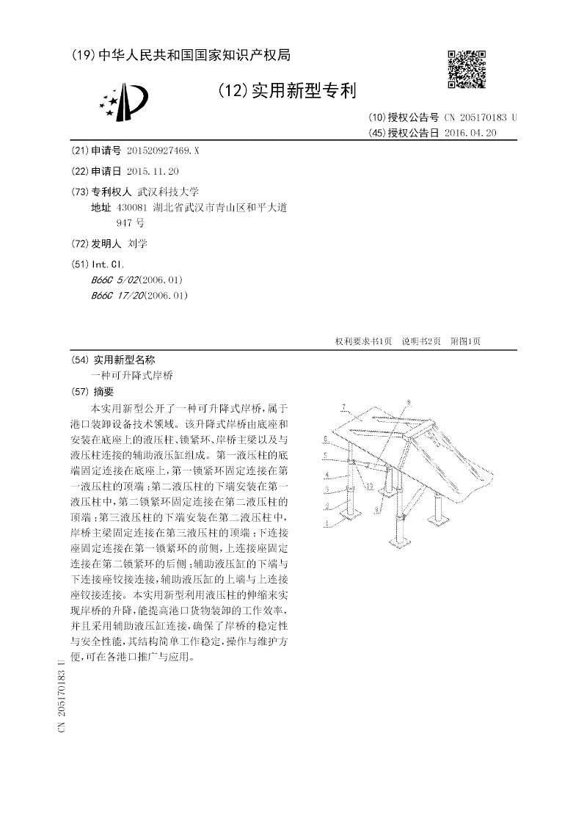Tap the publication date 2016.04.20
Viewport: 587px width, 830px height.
(470, 133)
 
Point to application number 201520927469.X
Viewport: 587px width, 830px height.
(163, 150)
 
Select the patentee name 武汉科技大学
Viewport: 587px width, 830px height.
(168, 191)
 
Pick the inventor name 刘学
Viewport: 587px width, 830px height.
(137, 244)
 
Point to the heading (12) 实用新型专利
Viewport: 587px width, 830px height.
(287, 91)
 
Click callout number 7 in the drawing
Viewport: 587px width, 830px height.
(343, 406)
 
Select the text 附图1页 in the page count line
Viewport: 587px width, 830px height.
(465, 341)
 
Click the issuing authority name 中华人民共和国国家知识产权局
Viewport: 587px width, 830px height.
(194, 55)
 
